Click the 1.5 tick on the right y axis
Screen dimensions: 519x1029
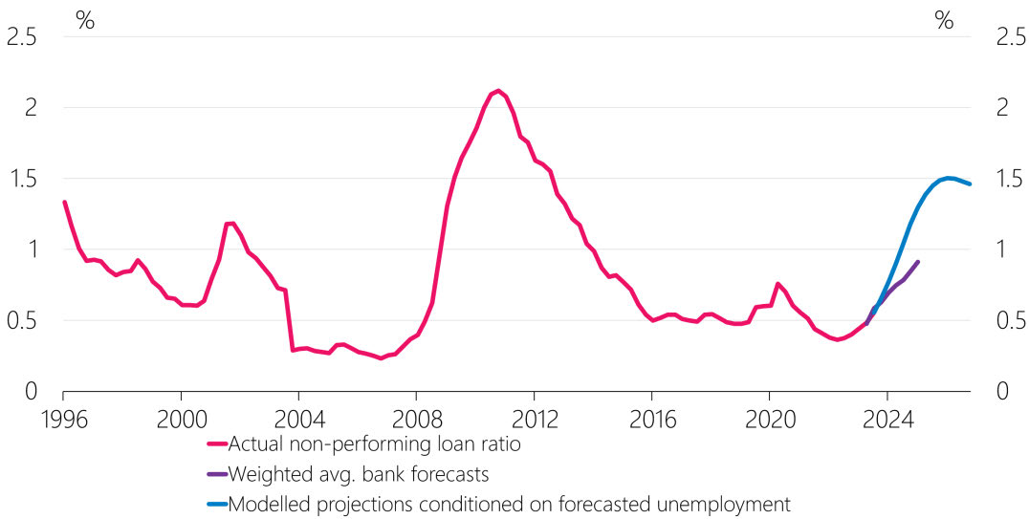tap(1003, 179)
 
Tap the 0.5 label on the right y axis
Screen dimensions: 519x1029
tap(1003, 320)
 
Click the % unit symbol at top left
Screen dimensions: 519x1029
tap(85, 21)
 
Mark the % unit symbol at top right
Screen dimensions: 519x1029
tap(944, 21)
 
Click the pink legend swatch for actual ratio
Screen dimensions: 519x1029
tap(216, 443)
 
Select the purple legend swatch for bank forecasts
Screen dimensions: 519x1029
tap(216, 473)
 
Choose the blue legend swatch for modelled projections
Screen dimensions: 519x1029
tap(216, 504)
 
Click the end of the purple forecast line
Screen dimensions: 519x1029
tap(918, 262)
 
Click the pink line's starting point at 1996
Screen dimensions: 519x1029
tap(64, 202)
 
